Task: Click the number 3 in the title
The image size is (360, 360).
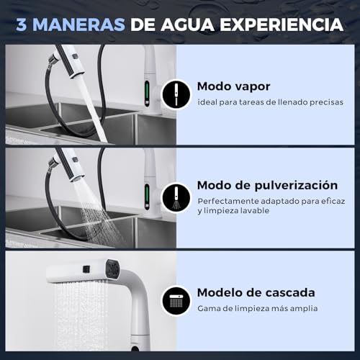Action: point(22,25)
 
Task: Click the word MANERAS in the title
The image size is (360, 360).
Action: point(79,25)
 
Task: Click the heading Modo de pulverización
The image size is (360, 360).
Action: point(266,184)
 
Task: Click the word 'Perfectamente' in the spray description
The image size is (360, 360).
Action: point(227,201)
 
